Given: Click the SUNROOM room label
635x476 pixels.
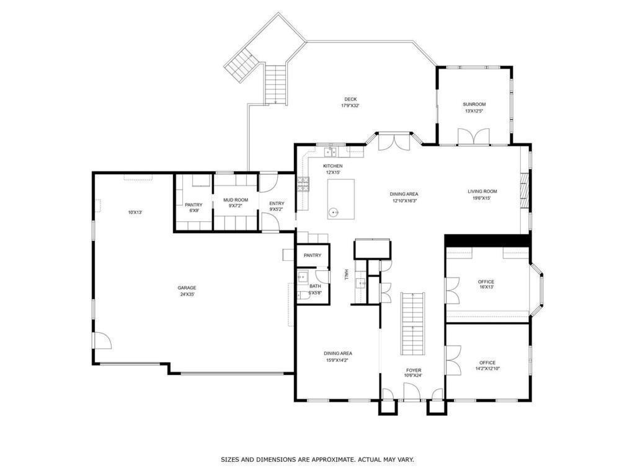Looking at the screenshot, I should (474, 107).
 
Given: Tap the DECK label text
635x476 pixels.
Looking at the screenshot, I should (350, 102).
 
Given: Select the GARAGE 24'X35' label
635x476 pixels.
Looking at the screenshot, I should (187, 291).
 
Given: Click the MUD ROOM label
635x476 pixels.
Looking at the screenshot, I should (236, 203).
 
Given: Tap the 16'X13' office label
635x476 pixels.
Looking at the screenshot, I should (486, 284).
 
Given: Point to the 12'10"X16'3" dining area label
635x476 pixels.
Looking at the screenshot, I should (404, 197).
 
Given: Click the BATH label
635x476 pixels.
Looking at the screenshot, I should (315, 289).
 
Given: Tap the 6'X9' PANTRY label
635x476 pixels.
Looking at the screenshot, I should (193, 208).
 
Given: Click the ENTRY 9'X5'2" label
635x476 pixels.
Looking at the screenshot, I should (277, 206).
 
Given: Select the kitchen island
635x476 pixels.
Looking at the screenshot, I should (341, 199).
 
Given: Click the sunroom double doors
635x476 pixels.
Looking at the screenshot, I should (474, 136).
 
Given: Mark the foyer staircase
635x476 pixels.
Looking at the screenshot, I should (412, 323).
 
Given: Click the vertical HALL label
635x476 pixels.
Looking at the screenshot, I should (347, 275).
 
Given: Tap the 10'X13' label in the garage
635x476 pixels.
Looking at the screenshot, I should (135, 213).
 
